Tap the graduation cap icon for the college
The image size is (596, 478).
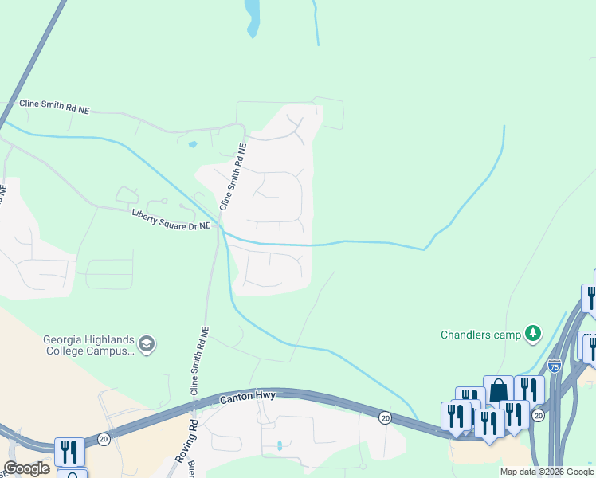tap(147, 343)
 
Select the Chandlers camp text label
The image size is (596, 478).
tap(480, 335)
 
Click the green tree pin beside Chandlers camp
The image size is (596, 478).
tap(533, 334)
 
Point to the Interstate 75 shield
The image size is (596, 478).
tap(555, 366)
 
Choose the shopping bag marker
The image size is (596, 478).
tap(498, 390)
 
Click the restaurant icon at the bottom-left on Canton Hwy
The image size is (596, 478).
tap(69, 451)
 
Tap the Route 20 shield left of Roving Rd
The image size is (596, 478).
tap(104, 439)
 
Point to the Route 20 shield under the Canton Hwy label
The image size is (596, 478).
tap(385, 417)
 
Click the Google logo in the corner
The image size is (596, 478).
tap(27, 468)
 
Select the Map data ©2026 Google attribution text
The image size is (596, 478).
tap(547, 472)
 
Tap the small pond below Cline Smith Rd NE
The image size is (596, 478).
tap(192, 145)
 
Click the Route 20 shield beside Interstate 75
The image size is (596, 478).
tap(538, 416)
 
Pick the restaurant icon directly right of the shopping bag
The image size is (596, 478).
tap(529, 390)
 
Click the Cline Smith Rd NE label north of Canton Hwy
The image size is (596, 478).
tap(198, 362)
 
